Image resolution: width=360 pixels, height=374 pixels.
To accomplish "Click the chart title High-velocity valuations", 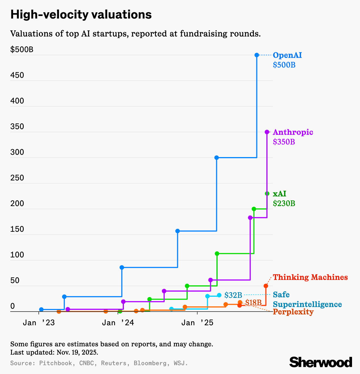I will point(81,15).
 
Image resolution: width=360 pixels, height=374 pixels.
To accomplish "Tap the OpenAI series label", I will point(287,55).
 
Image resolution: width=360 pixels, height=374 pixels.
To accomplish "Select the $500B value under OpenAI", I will point(284,65).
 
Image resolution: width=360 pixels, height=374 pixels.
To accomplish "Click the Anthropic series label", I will point(293,132).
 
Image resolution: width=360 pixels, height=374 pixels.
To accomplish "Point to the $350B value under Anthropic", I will point(284,142).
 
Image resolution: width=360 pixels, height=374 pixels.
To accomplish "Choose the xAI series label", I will point(279,194).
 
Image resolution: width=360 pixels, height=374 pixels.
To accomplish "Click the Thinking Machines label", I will point(310,277).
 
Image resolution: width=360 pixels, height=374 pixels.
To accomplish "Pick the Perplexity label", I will point(293,312).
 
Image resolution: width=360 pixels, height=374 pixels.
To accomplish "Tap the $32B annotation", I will point(233,295).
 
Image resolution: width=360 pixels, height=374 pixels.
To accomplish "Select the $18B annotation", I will point(253,302).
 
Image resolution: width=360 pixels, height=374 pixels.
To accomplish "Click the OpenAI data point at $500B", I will point(257,55).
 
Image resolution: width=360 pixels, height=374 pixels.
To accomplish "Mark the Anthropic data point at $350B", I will point(267,132).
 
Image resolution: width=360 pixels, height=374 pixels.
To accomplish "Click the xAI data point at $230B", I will point(267,194).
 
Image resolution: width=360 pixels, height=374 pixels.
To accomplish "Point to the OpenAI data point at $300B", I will point(216,158).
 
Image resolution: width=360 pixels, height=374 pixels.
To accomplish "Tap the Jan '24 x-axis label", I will point(118,323).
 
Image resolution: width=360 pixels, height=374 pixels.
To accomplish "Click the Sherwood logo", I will point(321,362).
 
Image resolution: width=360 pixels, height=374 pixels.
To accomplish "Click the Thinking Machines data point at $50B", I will point(266,286).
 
